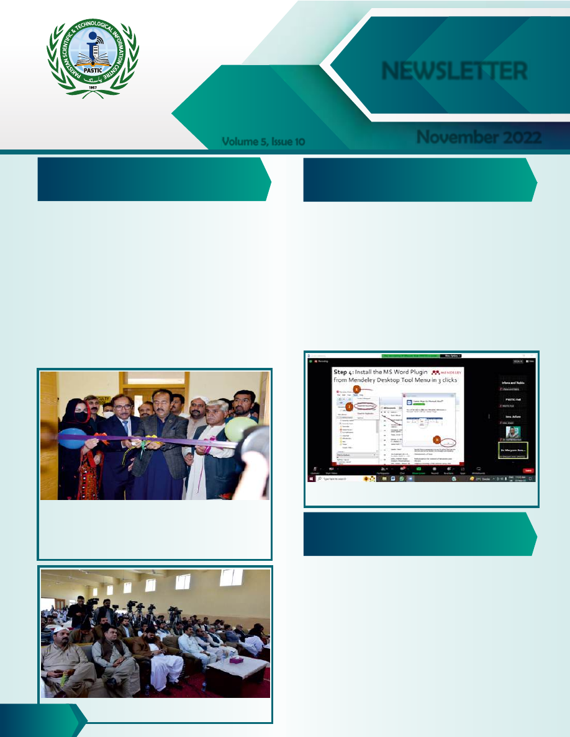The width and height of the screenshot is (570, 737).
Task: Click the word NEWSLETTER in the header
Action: (455, 71)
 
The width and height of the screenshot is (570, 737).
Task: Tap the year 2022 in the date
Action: (518, 138)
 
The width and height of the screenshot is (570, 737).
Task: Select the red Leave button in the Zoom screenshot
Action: (528, 471)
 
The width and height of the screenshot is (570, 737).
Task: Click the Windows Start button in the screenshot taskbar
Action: (312, 479)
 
